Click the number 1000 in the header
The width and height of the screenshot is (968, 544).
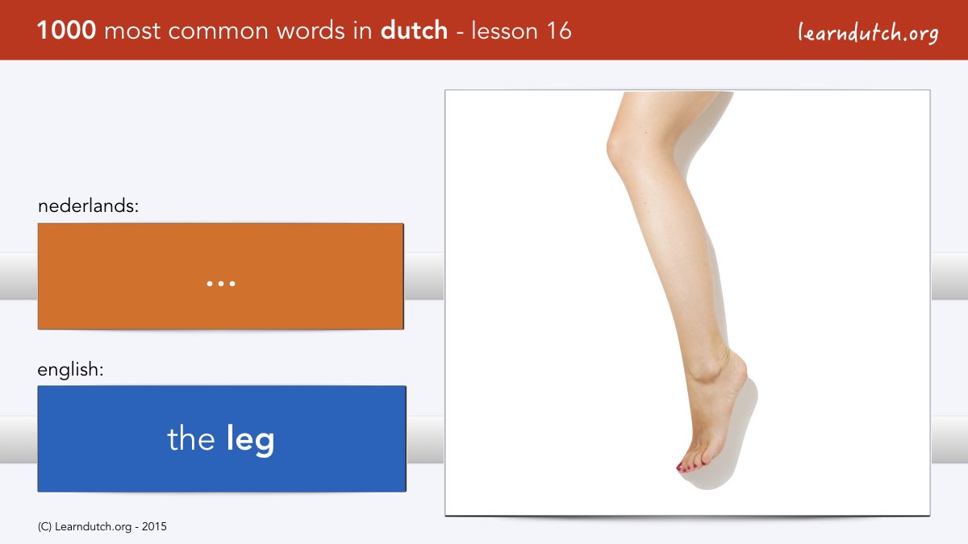coord(66,31)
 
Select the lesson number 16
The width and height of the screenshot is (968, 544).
coord(559,31)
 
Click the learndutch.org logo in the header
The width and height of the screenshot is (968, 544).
coord(868,33)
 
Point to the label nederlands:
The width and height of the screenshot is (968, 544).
coord(88,206)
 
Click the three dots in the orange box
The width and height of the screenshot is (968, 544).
coord(221,284)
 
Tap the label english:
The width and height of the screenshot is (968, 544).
coord(70,370)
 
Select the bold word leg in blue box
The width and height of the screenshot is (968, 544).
coord(250,439)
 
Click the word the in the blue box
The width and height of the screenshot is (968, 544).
coord(191,438)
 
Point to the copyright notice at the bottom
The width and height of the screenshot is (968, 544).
coord(102,527)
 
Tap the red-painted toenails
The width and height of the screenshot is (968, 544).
coord(691,467)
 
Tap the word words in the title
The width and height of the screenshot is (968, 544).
coord(312,31)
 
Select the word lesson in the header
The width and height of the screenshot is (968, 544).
coord(505,31)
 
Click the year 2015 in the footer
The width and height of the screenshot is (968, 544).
coord(154,527)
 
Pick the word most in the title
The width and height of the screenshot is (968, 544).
coord(132,31)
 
